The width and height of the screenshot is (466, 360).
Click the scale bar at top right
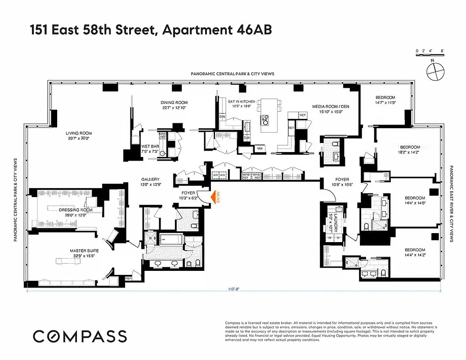[x=430, y=54]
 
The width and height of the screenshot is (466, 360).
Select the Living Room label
[x=79, y=133]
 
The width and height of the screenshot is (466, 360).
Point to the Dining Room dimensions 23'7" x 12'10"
[x=174, y=108]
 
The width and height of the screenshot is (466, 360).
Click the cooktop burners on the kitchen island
[x=265, y=120]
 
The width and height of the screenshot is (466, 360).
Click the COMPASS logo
[x=80, y=336]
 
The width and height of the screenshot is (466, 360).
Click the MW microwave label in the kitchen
[x=260, y=148]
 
